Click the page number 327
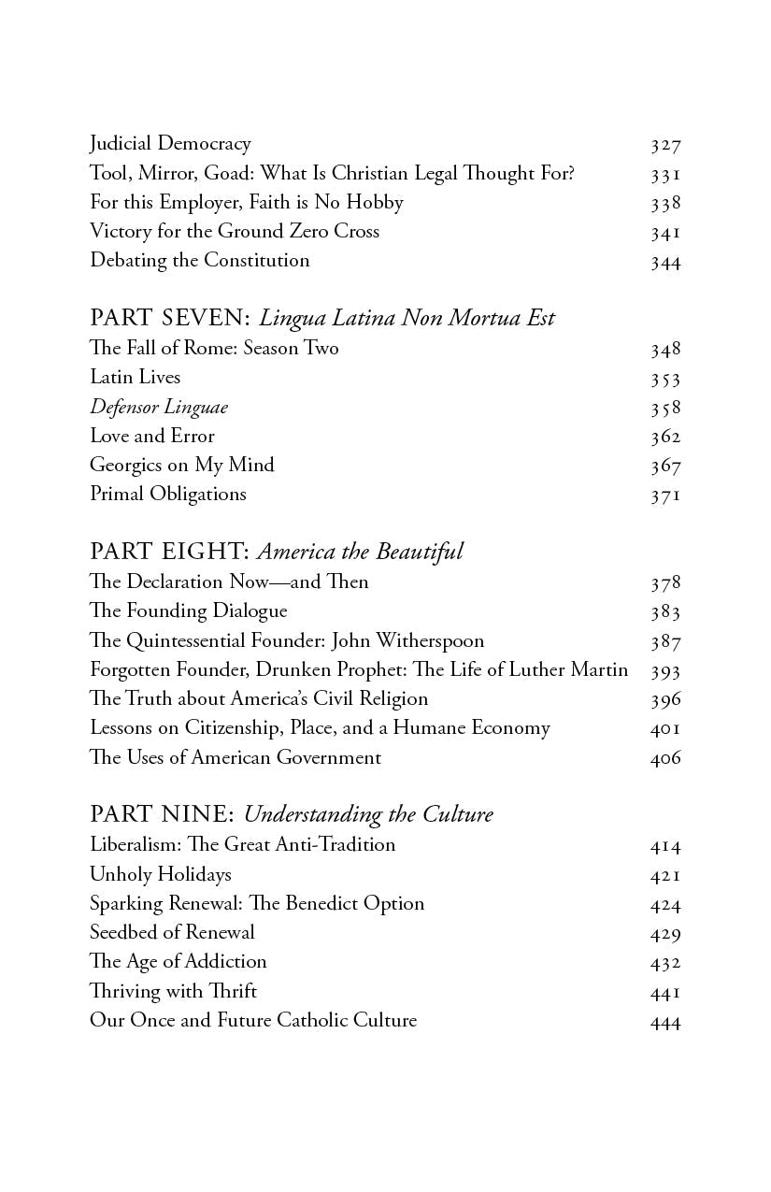pos(665,145)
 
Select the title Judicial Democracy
pos(170,144)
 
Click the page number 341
pos(665,232)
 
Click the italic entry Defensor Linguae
pos(159,407)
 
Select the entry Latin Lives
pos(136,378)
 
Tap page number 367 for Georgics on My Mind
pos(665,466)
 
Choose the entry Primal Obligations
pos(168,494)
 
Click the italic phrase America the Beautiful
pos(360,553)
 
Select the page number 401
pos(665,728)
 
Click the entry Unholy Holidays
pos(161,874)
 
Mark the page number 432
pos(665,962)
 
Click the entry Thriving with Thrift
pos(173,991)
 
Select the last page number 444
pos(665,1021)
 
